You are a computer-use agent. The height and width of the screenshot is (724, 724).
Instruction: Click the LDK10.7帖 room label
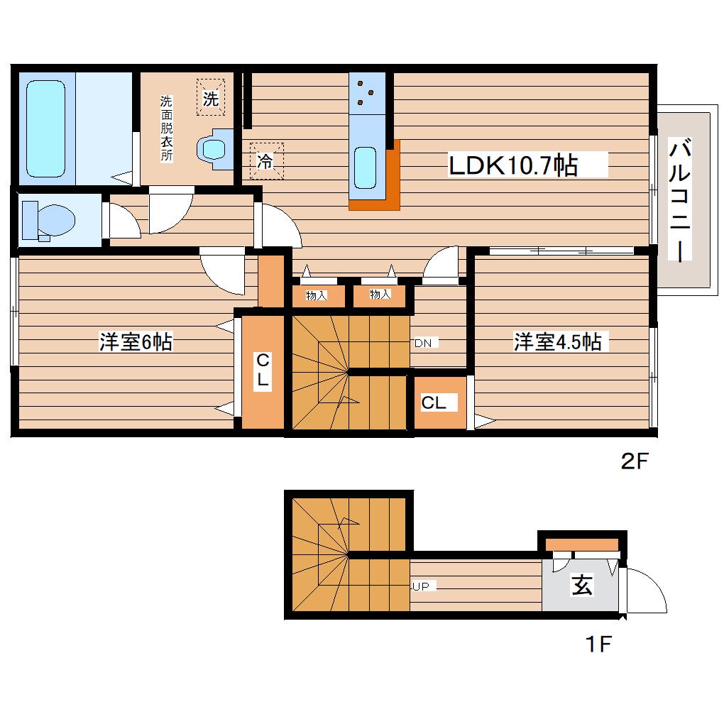click(x=513, y=165)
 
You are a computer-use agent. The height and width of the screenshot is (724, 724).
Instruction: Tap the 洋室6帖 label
click(x=136, y=342)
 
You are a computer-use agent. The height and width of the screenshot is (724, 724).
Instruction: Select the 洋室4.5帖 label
click(x=558, y=342)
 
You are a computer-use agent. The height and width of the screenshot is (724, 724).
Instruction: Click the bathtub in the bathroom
click(x=45, y=128)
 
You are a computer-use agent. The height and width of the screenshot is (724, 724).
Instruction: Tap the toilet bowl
click(x=50, y=220)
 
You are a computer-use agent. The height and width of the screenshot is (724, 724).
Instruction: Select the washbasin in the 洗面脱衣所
click(x=214, y=149)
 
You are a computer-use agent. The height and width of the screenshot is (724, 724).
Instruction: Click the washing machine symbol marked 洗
click(x=211, y=97)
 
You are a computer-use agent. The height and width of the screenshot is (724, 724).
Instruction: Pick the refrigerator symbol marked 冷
click(x=266, y=160)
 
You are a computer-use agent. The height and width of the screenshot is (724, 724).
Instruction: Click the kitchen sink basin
click(x=366, y=168)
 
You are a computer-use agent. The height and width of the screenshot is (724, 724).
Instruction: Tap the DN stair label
click(x=423, y=343)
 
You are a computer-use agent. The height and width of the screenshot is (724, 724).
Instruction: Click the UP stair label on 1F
click(x=421, y=586)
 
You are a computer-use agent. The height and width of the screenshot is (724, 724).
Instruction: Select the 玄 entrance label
click(x=582, y=585)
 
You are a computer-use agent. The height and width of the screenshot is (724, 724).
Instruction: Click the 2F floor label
click(x=635, y=461)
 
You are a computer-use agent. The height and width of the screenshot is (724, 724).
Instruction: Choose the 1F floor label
click(x=599, y=644)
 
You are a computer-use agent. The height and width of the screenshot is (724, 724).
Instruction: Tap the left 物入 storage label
click(x=317, y=295)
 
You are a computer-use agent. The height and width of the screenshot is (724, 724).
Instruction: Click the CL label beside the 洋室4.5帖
click(x=434, y=402)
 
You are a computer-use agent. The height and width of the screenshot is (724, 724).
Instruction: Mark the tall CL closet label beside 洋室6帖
click(x=263, y=369)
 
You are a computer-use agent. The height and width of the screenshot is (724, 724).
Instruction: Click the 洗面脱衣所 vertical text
click(x=166, y=128)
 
